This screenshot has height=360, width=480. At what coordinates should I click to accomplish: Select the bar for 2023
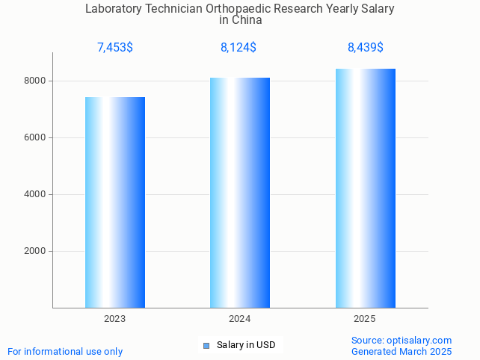pyautogui.click(x=115, y=202)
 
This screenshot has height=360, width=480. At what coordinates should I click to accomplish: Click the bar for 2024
pyautogui.click(x=240, y=192)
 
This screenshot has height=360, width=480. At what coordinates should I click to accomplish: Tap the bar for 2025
pyautogui.click(x=365, y=187)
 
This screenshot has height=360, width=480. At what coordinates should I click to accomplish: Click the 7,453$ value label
pyautogui.click(x=115, y=48)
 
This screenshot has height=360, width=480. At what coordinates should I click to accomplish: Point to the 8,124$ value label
pyautogui.click(x=239, y=48)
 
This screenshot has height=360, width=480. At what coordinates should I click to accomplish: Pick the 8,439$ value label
pyautogui.click(x=366, y=48)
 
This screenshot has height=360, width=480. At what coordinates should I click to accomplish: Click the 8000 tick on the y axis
pyautogui.click(x=35, y=81)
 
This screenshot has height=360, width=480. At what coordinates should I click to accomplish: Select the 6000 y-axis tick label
pyautogui.click(x=35, y=137)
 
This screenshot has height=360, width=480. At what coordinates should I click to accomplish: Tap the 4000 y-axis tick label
pyautogui.click(x=35, y=194)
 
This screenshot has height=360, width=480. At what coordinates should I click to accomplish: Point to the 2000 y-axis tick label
pyautogui.click(x=35, y=251)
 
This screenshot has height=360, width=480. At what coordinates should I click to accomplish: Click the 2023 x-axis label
pyautogui.click(x=115, y=319)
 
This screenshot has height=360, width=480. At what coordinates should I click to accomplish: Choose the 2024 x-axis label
pyautogui.click(x=240, y=319)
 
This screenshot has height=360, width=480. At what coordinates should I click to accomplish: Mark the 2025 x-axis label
pyautogui.click(x=365, y=319)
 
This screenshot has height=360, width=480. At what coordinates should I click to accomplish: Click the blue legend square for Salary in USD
pyautogui.click(x=207, y=345)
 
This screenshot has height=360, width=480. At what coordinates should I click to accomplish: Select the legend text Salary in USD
pyautogui.click(x=246, y=345)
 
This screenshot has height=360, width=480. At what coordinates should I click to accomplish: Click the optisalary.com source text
pyautogui.click(x=401, y=340)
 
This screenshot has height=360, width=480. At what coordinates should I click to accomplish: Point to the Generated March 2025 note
pyautogui.click(x=401, y=351)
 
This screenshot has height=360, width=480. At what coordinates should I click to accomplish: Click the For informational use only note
pyautogui.click(x=65, y=351)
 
